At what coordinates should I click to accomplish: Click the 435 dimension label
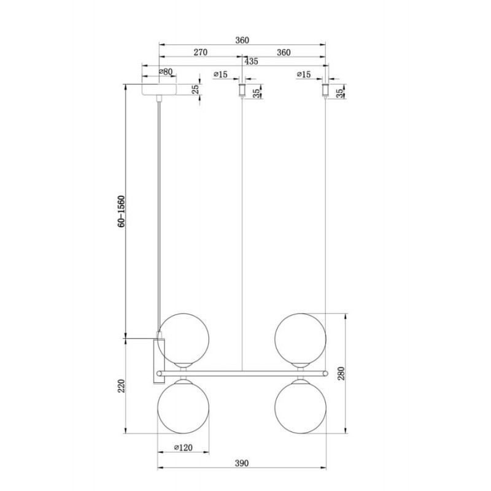coord(251,61)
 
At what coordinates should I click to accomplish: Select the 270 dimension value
coord(201,52)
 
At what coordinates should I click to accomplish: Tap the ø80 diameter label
coord(166,72)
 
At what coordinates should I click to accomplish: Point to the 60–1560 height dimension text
coord(122,211)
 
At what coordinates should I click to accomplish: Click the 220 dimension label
coord(122,386)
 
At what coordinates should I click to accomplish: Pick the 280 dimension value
coord(341,373)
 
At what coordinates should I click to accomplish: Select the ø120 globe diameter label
coord(183,447)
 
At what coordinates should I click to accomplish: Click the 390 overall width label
coord(242,463)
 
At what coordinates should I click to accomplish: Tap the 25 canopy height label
coord(195,89)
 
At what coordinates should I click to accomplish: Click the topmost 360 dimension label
coord(242,40)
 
